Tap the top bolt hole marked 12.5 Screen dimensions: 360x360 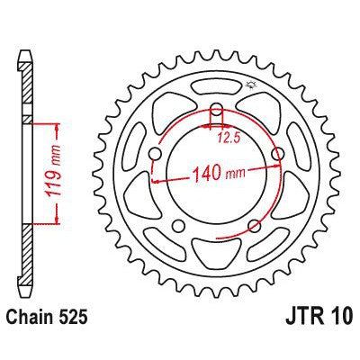(x=217, y=114)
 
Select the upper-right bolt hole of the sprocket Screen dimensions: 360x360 (x=276, y=156)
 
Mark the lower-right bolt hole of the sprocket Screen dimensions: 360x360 (x=254, y=225)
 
